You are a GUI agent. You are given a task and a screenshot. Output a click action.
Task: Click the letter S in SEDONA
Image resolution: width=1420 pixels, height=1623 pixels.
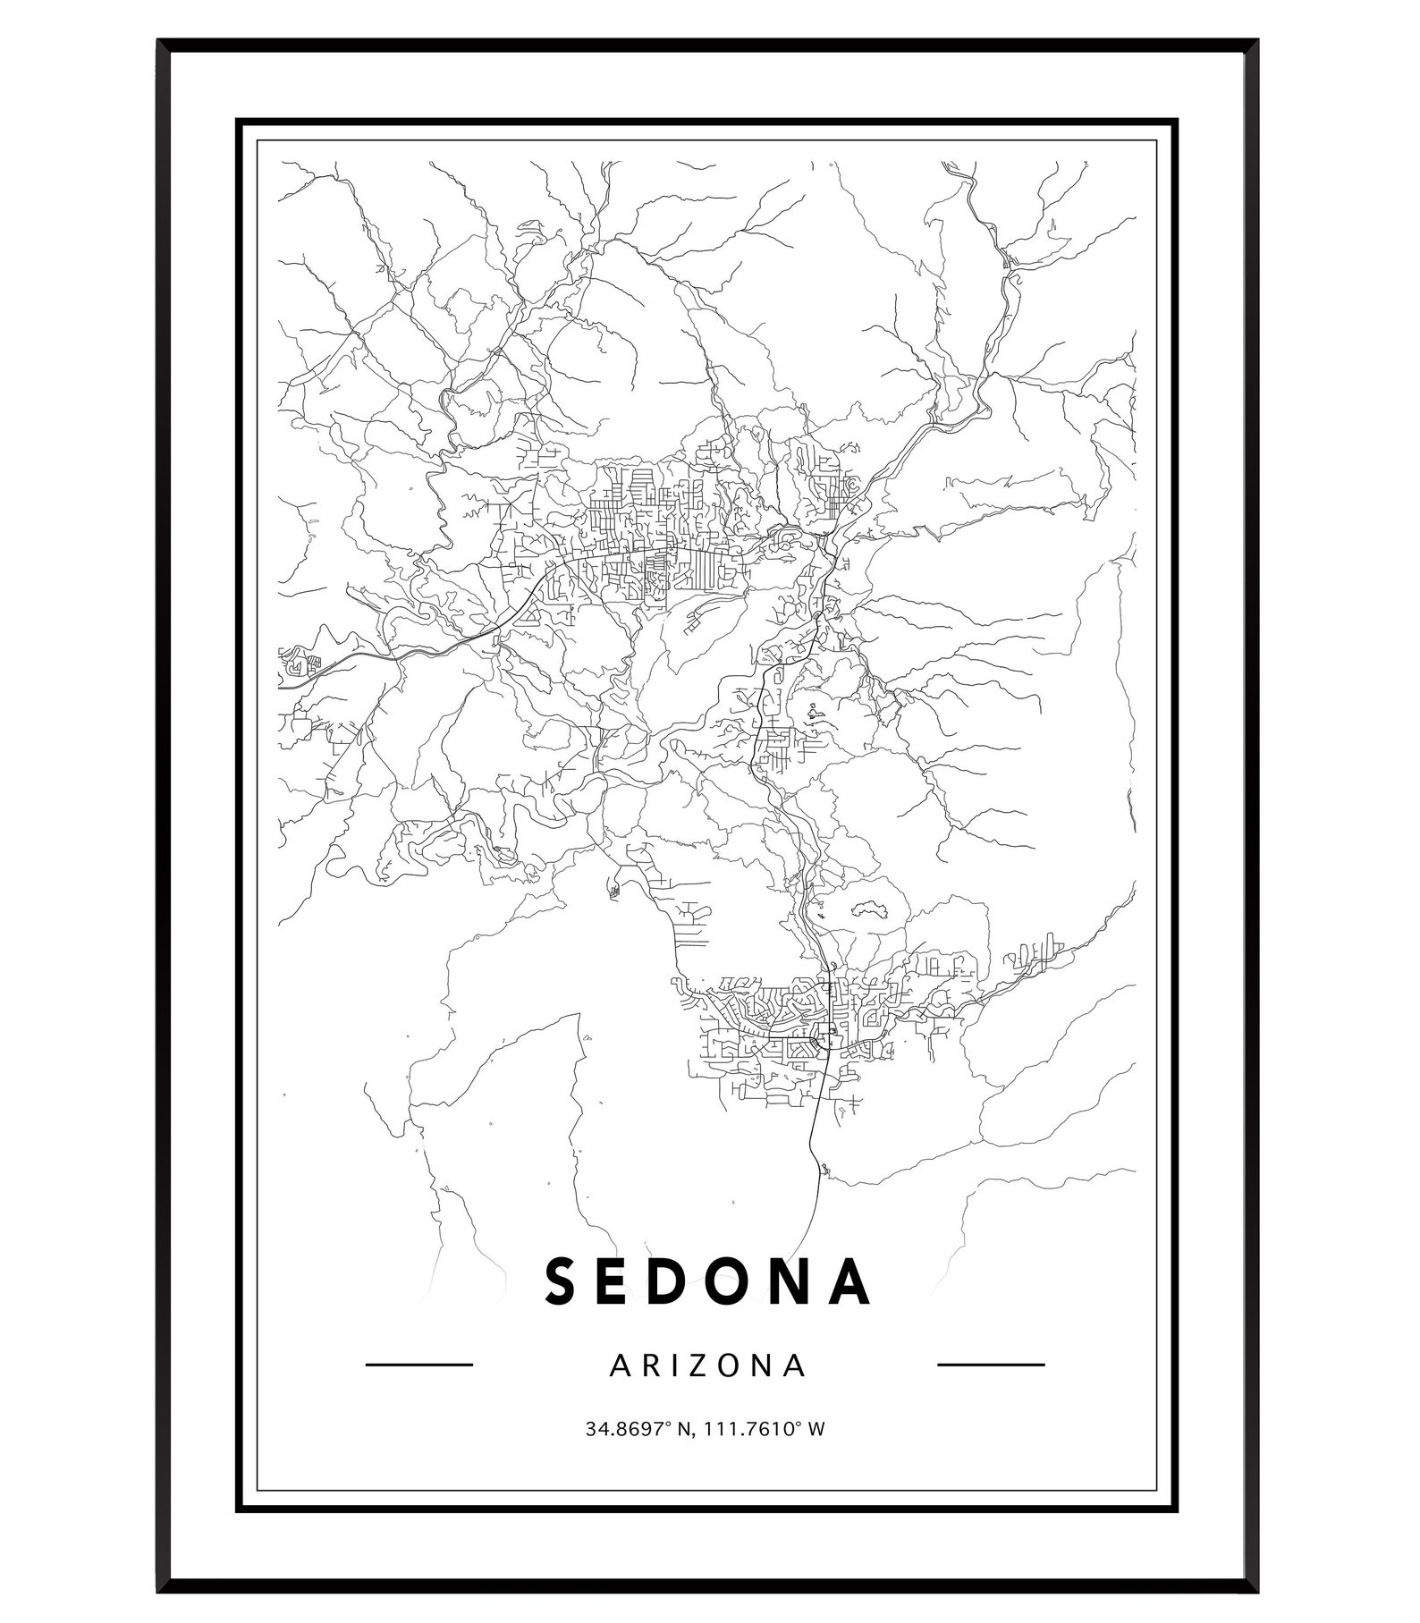[562, 1282]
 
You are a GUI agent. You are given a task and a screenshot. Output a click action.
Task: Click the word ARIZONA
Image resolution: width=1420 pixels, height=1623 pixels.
[707, 1365]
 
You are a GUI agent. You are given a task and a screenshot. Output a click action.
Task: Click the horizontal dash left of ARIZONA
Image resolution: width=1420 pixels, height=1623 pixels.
[419, 1365]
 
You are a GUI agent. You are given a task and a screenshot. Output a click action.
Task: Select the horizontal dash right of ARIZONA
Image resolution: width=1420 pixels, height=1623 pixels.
[991, 1365]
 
